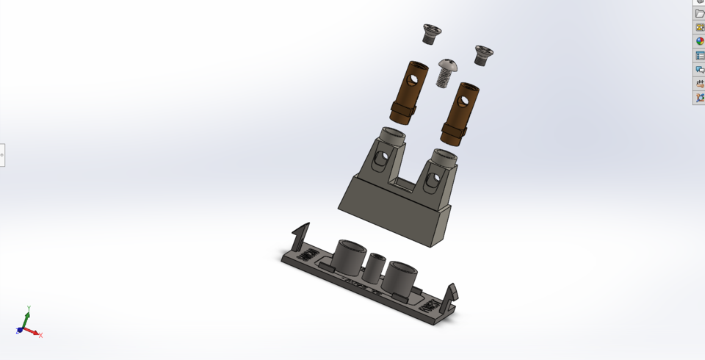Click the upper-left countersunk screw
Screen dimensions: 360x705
tap(432, 32)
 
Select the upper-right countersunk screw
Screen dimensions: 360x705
tap(483, 54)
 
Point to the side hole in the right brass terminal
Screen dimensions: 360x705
tap(467, 98)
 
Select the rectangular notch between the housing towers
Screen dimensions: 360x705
tap(405, 179)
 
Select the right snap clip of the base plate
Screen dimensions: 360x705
tap(449, 295)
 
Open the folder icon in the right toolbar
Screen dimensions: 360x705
tap(699, 14)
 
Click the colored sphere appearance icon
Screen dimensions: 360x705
tap(699, 42)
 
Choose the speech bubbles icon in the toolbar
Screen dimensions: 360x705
tap(699, 70)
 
